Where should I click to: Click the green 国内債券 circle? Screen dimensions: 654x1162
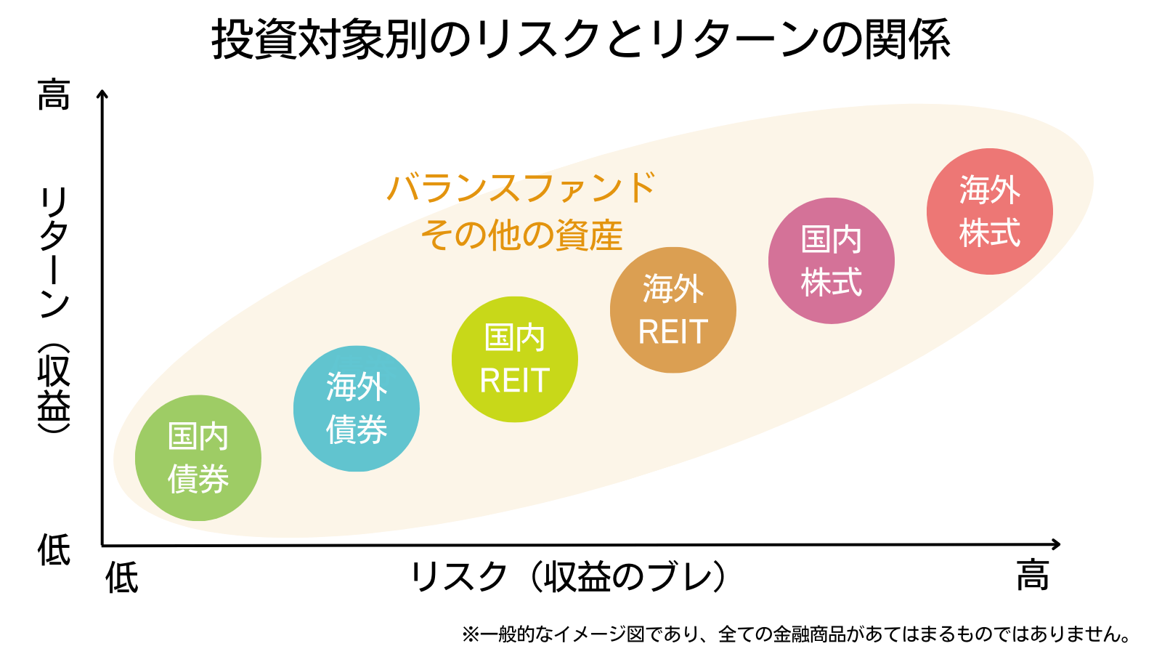tap(198, 458)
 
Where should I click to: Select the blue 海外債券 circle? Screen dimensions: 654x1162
tap(356, 408)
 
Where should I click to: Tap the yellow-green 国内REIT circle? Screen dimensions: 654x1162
tap(514, 359)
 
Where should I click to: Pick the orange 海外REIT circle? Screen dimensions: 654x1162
tap(673, 310)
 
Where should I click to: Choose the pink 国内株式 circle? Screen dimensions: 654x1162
tap(831, 261)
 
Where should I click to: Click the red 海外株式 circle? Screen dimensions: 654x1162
tap(989, 211)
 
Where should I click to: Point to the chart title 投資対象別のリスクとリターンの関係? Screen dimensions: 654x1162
tap(581, 39)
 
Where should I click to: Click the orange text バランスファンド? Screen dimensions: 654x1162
tap(521, 188)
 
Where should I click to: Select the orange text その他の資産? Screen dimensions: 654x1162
tap(521, 235)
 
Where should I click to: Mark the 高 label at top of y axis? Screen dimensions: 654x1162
tap(54, 95)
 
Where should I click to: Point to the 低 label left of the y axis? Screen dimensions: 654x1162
tap(54, 549)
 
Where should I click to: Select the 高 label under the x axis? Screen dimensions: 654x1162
tap(1032, 576)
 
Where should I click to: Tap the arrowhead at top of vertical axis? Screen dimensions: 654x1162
tap(102, 94)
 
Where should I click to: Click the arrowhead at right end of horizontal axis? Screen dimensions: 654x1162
tap(1056, 544)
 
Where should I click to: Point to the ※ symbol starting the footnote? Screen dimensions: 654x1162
tap(470, 634)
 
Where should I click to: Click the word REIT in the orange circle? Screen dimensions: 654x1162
tap(673, 332)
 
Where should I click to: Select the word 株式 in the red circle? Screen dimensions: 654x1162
tap(989, 233)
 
